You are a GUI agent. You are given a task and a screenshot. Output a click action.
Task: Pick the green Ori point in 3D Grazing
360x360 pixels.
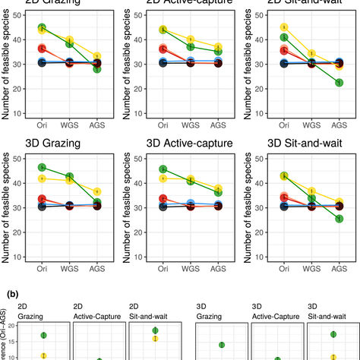coord(42,167)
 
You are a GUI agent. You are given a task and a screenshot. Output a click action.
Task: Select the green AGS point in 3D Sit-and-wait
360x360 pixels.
coord(339,219)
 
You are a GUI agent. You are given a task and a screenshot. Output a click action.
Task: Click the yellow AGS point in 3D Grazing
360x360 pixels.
coord(96,191)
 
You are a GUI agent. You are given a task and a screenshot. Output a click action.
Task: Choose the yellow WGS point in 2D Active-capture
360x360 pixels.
coord(191,40)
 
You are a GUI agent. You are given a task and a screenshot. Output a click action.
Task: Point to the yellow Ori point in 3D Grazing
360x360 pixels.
coord(42,178)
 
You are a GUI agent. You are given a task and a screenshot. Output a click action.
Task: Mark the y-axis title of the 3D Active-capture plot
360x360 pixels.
coord(126,204)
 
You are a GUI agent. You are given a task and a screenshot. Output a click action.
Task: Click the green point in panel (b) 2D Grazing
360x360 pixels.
coord(44,335)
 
